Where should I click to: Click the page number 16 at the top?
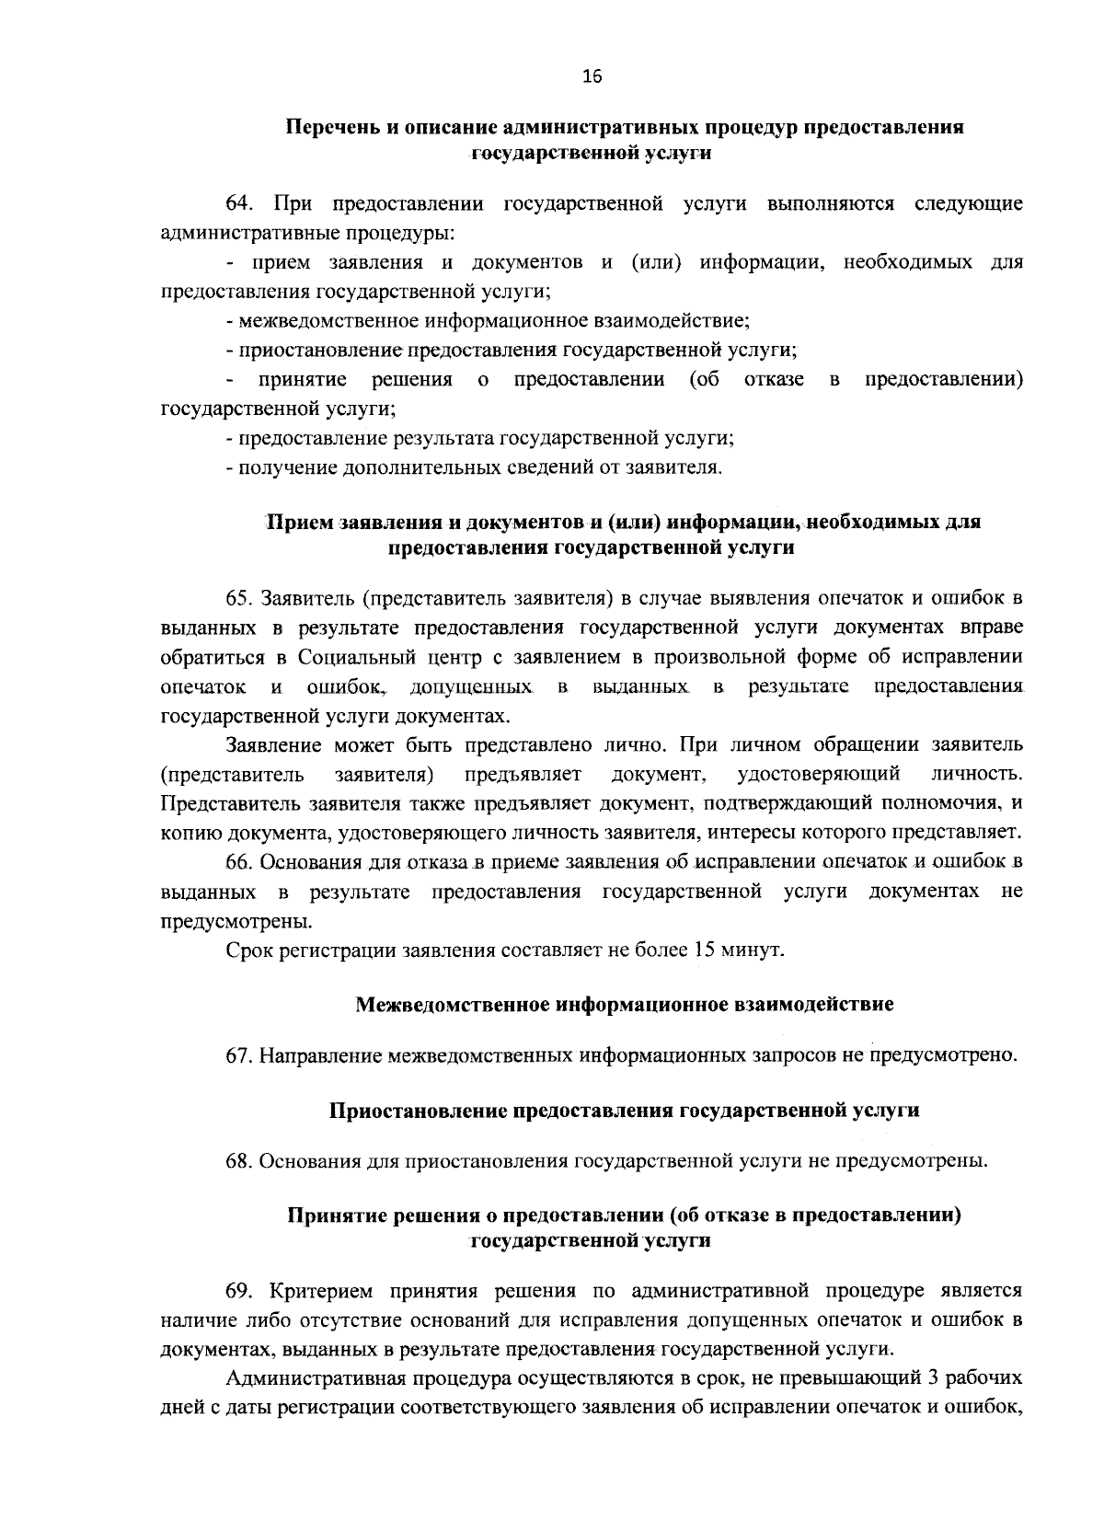coord(591,78)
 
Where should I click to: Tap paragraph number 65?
coord(239,599)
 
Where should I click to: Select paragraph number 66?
coord(239,862)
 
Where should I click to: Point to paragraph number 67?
coord(239,1055)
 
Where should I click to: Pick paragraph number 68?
coord(239,1160)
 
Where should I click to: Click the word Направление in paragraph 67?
coord(319,1055)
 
